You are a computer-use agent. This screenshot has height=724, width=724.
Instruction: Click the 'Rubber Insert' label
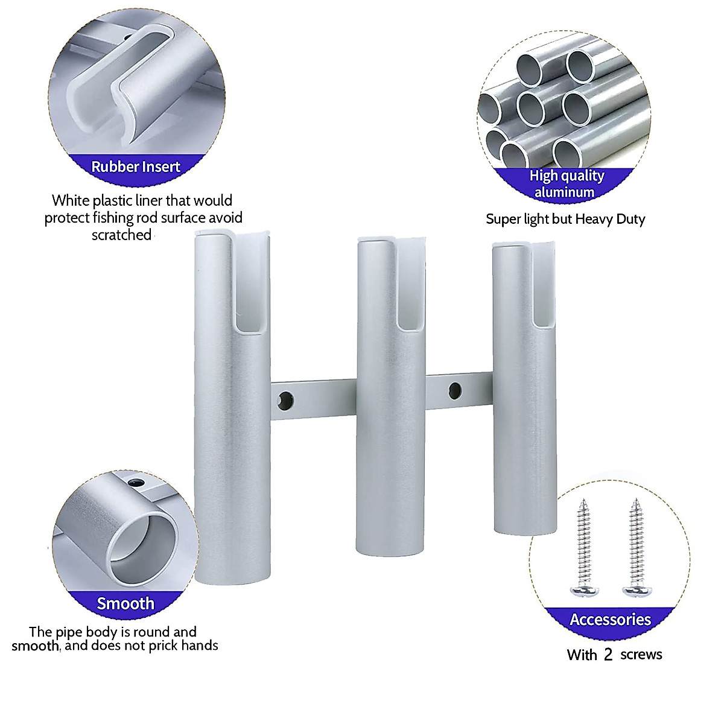point(136,167)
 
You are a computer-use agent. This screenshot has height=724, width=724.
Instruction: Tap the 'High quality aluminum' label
point(566,183)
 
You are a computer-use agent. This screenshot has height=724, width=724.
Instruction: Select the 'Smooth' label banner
point(125,603)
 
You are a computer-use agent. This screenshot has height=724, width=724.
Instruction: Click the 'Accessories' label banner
point(610,620)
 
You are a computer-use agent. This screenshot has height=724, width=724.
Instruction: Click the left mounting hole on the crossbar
point(285,399)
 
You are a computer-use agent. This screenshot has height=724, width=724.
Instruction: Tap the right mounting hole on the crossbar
point(455,389)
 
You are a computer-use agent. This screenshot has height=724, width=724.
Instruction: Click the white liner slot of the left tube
point(249,284)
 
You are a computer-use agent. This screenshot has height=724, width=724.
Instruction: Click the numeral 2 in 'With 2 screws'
point(608,655)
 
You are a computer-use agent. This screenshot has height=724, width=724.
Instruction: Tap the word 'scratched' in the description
point(121,235)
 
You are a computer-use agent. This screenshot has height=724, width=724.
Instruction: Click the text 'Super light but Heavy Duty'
point(565,219)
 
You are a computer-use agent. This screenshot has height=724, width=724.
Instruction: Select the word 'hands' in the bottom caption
point(200,646)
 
